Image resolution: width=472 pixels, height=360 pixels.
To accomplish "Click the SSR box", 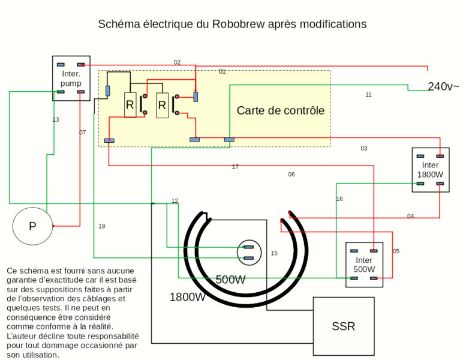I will (344, 326).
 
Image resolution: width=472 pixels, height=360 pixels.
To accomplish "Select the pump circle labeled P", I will (32, 226).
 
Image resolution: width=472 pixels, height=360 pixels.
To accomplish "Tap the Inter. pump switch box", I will (71, 78).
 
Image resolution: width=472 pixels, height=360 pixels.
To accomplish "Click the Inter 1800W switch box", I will (430, 170).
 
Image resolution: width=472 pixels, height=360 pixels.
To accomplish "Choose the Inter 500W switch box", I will (363, 265).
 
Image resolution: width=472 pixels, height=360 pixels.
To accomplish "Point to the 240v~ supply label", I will (443, 87).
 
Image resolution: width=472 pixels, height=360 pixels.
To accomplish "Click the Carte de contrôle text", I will (280, 110).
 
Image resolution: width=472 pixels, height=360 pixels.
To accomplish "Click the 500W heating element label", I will (230, 280).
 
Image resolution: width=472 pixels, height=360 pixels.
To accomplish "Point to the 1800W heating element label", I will (187, 297).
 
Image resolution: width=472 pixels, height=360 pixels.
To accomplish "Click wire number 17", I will (235, 167).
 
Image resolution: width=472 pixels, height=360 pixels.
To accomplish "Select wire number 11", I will (368, 95).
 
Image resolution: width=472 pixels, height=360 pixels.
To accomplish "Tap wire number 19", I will (102, 226).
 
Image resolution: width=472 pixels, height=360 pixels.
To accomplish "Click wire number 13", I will (56, 120).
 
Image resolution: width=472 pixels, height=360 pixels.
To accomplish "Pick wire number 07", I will (83, 133).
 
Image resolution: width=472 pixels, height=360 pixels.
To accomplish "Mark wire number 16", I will (339, 199).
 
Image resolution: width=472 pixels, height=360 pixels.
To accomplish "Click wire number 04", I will (410, 216).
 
